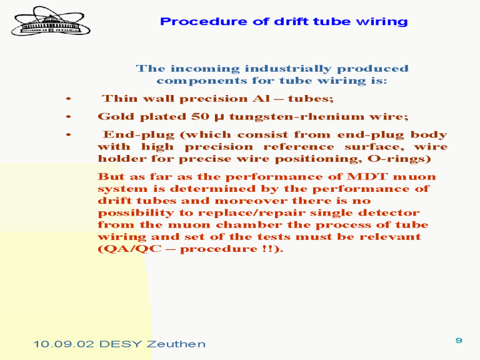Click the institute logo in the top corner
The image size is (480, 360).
[51, 21]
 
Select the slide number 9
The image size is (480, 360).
[459, 340]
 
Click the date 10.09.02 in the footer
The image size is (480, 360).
[63, 344]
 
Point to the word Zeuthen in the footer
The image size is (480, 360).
[176, 344]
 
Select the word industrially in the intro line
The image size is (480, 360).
[288, 69]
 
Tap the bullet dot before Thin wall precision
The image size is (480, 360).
[69, 99]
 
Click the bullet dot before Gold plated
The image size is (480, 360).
[69, 117]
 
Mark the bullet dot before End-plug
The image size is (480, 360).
[69, 135]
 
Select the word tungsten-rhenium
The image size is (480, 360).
[297, 117]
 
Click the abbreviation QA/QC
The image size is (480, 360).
[129, 249]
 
